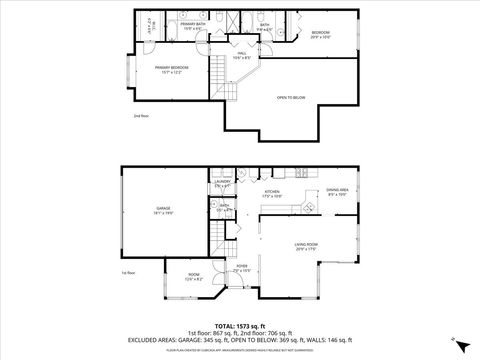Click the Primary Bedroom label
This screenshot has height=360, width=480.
click(x=173, y=69)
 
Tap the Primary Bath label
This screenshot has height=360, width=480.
click(x=193, y=27)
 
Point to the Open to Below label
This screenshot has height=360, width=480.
click(x=292, y=97)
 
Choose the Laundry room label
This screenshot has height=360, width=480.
click(x=223, y=184)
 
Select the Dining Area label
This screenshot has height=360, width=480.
click(x=336, y=192)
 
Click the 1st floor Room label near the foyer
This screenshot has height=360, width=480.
click(x=193, y=279)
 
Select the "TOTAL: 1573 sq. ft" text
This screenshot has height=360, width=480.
click(x=239, y=325)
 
